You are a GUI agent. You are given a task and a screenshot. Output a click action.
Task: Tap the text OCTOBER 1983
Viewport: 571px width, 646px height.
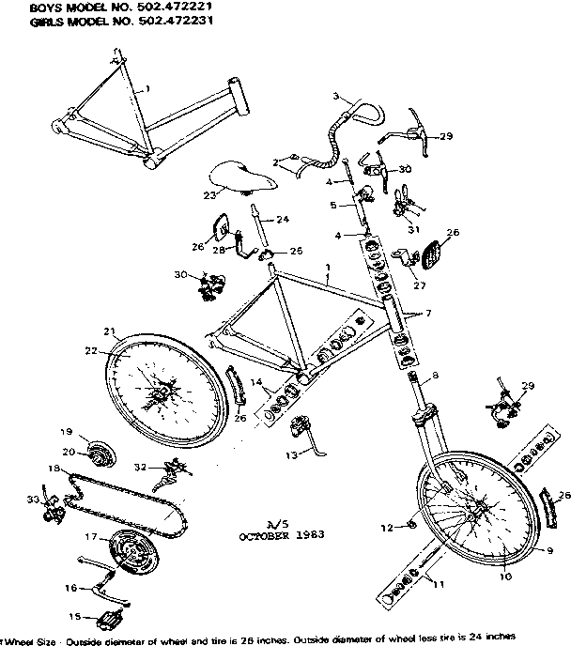click(x=282, y=536)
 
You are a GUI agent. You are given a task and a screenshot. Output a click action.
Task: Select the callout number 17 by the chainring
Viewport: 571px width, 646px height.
click(x=91, y=537)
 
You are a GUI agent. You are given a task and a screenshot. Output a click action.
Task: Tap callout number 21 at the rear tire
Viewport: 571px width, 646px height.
click(x=109, y=331)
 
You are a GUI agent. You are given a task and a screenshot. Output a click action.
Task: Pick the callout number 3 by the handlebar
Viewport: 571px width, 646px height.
click(x=336, y=97)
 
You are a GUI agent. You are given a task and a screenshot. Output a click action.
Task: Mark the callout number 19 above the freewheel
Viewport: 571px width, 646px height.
click(x=67, y=432)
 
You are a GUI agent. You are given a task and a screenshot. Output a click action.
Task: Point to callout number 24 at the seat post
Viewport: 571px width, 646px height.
click(x=282, y=219)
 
